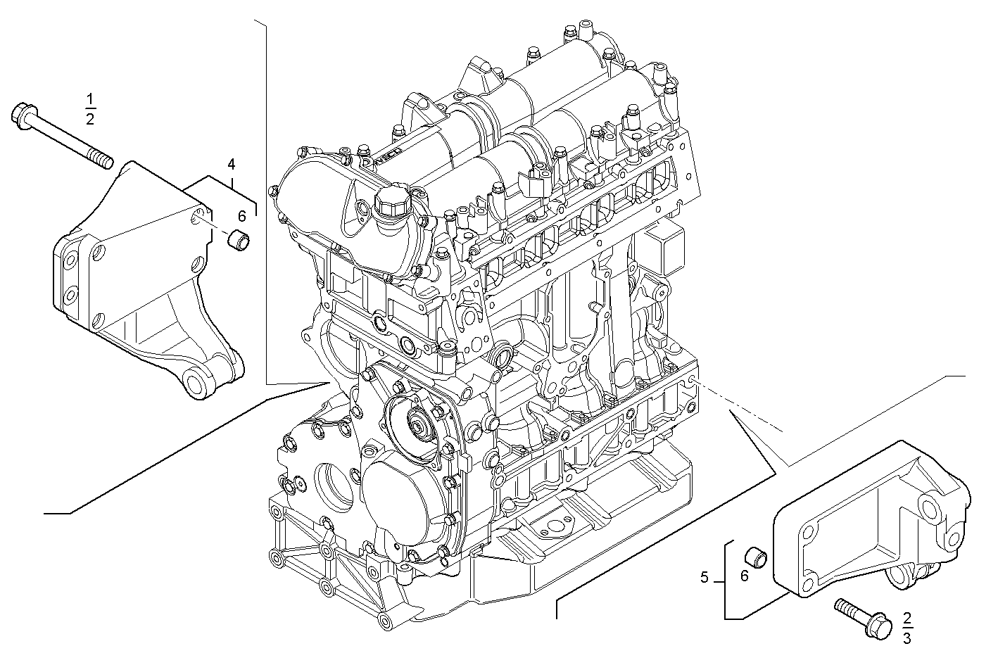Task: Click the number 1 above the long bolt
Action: coord(89,97)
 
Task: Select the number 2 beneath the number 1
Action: coord(89,119)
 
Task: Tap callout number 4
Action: coord(231,165)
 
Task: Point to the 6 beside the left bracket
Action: coord(241,216)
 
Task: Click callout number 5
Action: coord(705,578)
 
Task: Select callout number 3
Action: coord(907,638)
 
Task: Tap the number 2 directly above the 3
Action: coord(907,619)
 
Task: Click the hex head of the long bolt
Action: coord(23,115)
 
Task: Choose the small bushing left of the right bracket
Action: coord(756,555)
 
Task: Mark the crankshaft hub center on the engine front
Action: coord(421,425)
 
